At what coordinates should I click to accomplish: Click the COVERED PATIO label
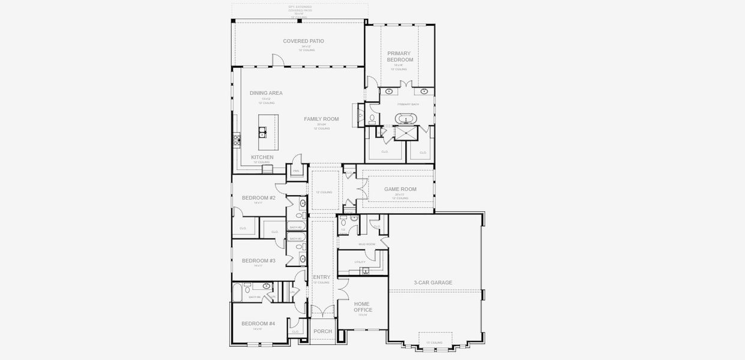(x=303, y=41)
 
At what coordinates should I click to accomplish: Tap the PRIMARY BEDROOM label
(x=400, y=56)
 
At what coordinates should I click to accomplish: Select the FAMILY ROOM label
(x=321, y=119)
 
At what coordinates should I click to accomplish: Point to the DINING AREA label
(x=266, y=93)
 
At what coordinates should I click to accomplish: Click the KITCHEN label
(x=262, y=157)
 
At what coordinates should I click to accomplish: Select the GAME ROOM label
(x=400, y=189)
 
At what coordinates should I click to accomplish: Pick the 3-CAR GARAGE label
(x=433, y=283)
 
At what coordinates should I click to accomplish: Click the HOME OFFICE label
(x=363, y=307)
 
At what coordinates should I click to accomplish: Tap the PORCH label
(x=322, y=331)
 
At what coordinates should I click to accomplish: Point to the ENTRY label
(x=322, y=277)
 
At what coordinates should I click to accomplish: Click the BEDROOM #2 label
(x=259, y=197)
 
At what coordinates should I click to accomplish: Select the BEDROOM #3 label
(x=259, y=260)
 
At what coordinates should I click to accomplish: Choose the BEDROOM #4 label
(x=258, y=323)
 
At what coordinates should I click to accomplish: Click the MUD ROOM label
(x=367, y=244)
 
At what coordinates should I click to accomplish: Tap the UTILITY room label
(x=360, y=262)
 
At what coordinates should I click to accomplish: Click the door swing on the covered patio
(x=277, y=59)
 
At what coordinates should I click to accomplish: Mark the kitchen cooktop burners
(x=237, y=140)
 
